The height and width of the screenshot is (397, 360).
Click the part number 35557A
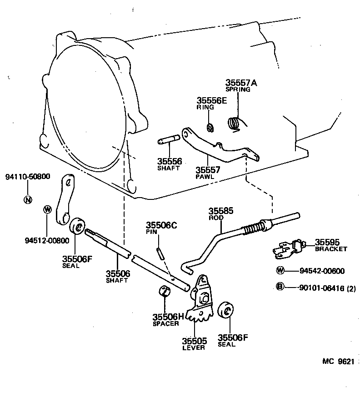pos(241,83)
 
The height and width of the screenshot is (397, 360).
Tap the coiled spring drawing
pos(234,123)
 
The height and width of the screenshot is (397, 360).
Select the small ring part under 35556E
pos(210,127)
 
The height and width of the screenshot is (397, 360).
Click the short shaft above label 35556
pos(168,141)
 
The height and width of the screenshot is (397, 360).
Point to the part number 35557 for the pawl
pos(208,170)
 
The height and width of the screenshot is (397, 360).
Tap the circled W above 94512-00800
pos(47,209)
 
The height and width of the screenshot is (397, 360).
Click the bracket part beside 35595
pos(287,247)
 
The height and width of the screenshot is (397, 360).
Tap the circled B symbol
pos(280,286)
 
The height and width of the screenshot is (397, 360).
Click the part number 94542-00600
pos(322,271)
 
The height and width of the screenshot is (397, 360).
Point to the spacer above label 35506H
pos(165,291)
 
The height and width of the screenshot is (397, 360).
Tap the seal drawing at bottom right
pos(226,311)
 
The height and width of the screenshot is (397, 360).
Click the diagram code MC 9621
pos(338,362)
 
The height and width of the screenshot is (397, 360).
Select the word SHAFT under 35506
pos(117,280)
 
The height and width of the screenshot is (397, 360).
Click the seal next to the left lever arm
pos(79,226)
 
